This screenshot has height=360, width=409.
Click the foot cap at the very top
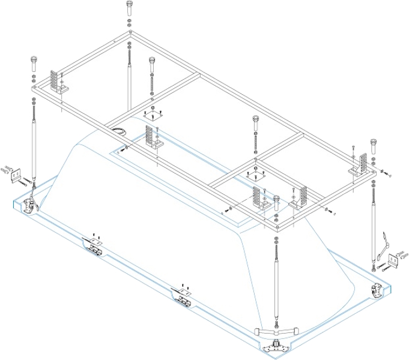click(130, 9)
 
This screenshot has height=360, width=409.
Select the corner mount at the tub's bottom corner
click(276, 346)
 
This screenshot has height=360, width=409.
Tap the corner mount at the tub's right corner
click(377, 290)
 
